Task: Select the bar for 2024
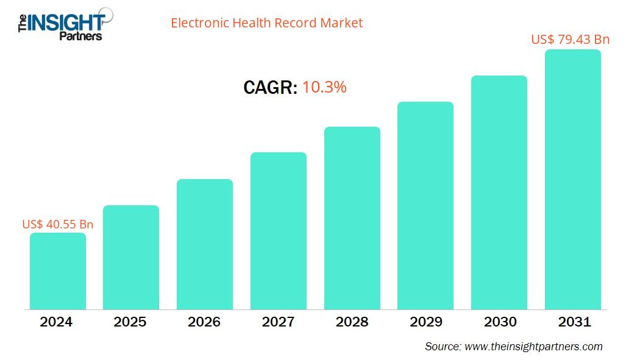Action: click(x=58, y=271)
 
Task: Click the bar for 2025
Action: click(x=131, y=257)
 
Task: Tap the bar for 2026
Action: click(x=205, y=244)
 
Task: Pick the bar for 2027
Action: click(x=279, y=231)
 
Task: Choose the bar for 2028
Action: click(x=352, y=218)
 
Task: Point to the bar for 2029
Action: click(x=425, y=205)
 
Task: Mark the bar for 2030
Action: click(x=499, y=192)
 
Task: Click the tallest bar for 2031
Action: click(x=573, y=180)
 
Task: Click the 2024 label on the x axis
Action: click(x=56, y=322)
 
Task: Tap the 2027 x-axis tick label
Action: click(x=278, y=322)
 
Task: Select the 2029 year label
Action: click(x=425, y=322)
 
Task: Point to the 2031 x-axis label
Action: click(x=574, y=322)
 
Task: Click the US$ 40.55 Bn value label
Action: click(x=58, y=224)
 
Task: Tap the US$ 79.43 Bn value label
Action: click(x=570, y=40)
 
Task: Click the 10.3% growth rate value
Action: click(x=324, y=88)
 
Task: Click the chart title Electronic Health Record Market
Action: click(x=266, y=23)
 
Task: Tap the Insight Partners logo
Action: click(x=61, y=24)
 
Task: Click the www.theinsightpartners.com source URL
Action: click(x=533, y=347)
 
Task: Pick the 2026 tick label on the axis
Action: click(x=204, y=322)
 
